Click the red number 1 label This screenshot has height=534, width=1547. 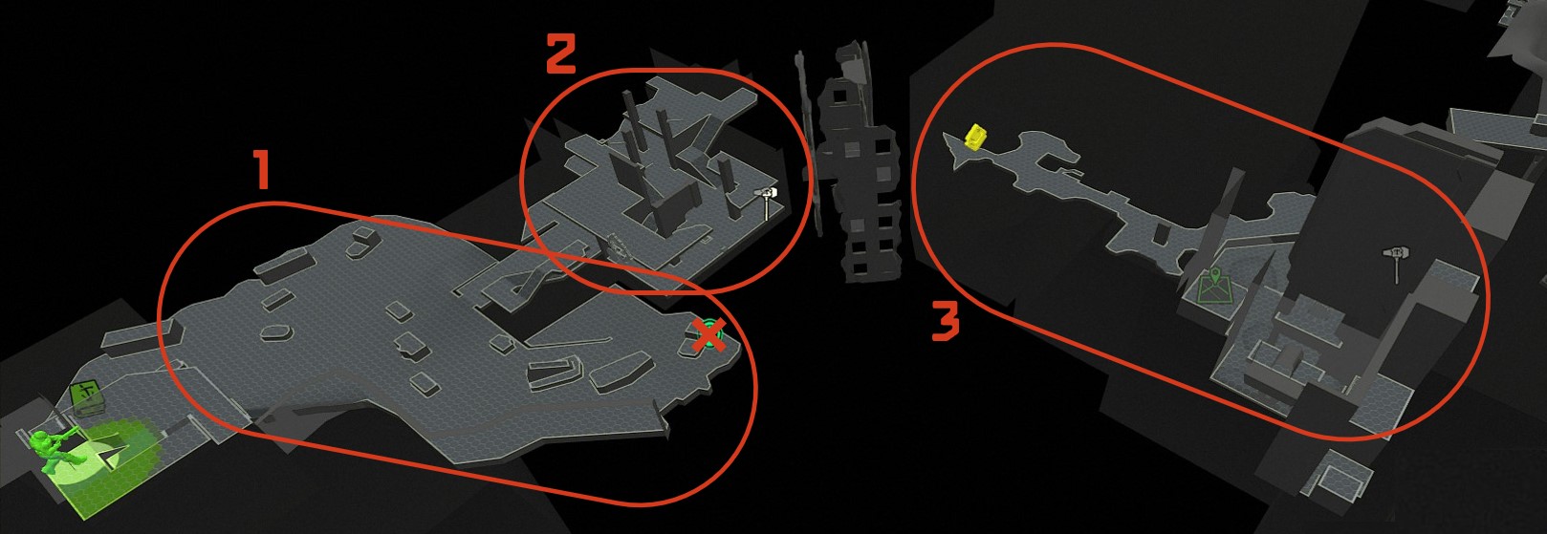261,170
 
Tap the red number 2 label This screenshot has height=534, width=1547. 561,53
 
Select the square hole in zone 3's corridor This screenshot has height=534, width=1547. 1163,235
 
